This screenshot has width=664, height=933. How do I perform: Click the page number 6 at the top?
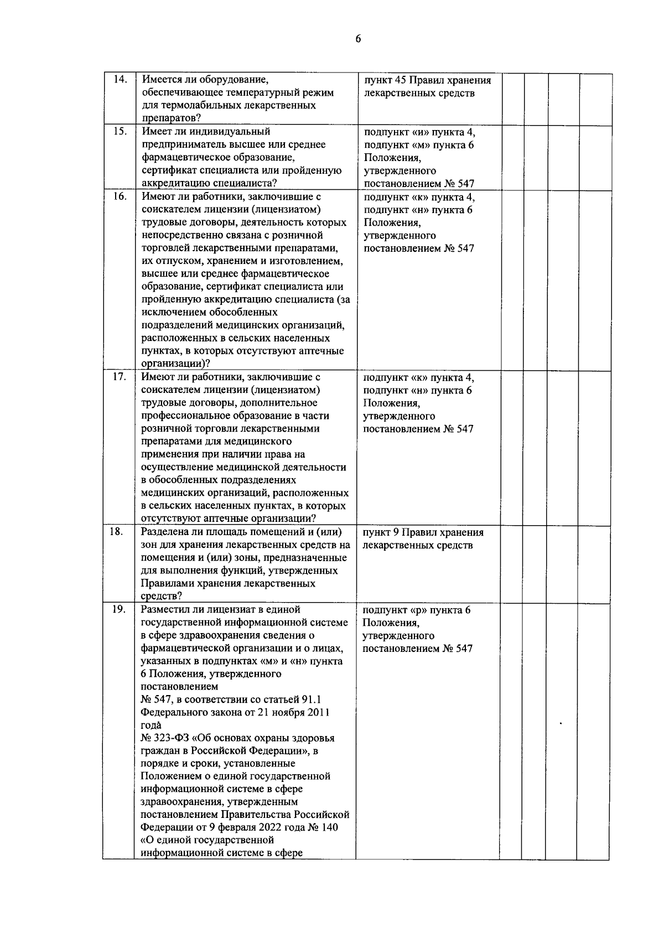358,39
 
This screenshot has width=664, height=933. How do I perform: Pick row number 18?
116,532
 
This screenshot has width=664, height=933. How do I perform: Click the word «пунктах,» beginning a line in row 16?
161,351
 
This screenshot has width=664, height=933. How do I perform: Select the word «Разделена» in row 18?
164,532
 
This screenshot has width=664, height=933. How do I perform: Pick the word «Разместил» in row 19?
165,610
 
